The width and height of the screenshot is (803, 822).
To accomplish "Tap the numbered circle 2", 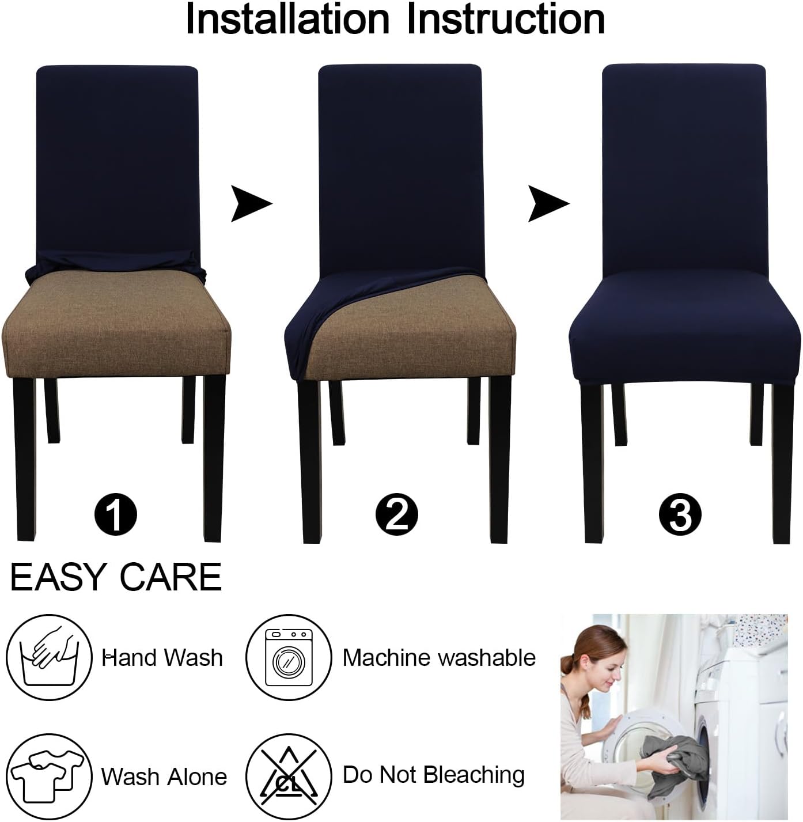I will [397, 514].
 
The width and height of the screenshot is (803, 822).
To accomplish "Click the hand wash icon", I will [50, 657].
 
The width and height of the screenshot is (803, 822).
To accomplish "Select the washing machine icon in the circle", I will [288, 657].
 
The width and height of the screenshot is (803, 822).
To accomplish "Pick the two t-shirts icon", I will [50, 775].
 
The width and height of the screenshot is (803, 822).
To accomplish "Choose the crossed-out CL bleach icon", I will [288, 775].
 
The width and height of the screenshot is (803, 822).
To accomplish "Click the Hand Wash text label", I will [162, 657].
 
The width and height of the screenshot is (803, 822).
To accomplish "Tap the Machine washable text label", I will [439, 657].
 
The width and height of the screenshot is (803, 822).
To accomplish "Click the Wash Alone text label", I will [164, 776].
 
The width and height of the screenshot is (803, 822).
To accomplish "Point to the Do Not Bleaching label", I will [433, 775].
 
